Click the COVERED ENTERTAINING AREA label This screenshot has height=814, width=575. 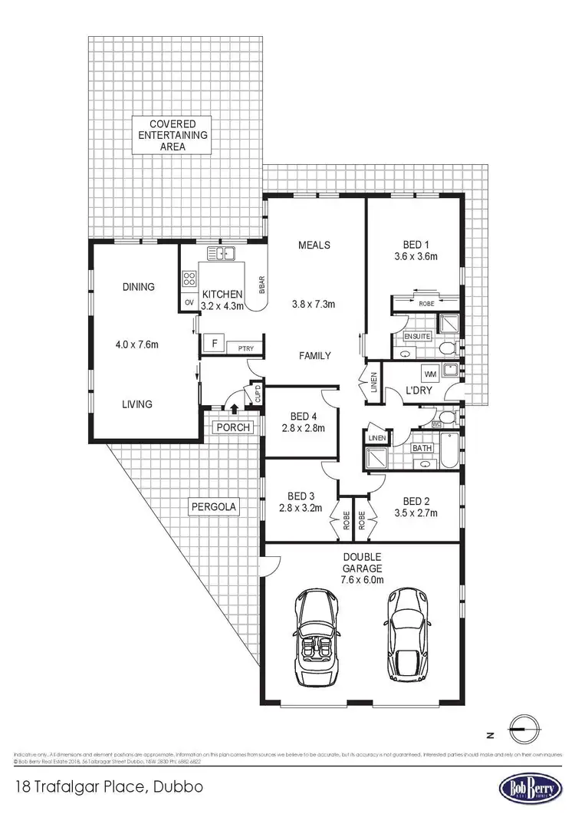172,134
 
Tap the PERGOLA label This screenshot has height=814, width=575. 214,506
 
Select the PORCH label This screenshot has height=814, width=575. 233,427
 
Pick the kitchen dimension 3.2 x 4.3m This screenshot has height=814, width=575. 222,306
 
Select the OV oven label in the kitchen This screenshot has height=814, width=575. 189,303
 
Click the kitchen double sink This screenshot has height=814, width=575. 221,253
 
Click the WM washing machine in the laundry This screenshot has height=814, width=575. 429,374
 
